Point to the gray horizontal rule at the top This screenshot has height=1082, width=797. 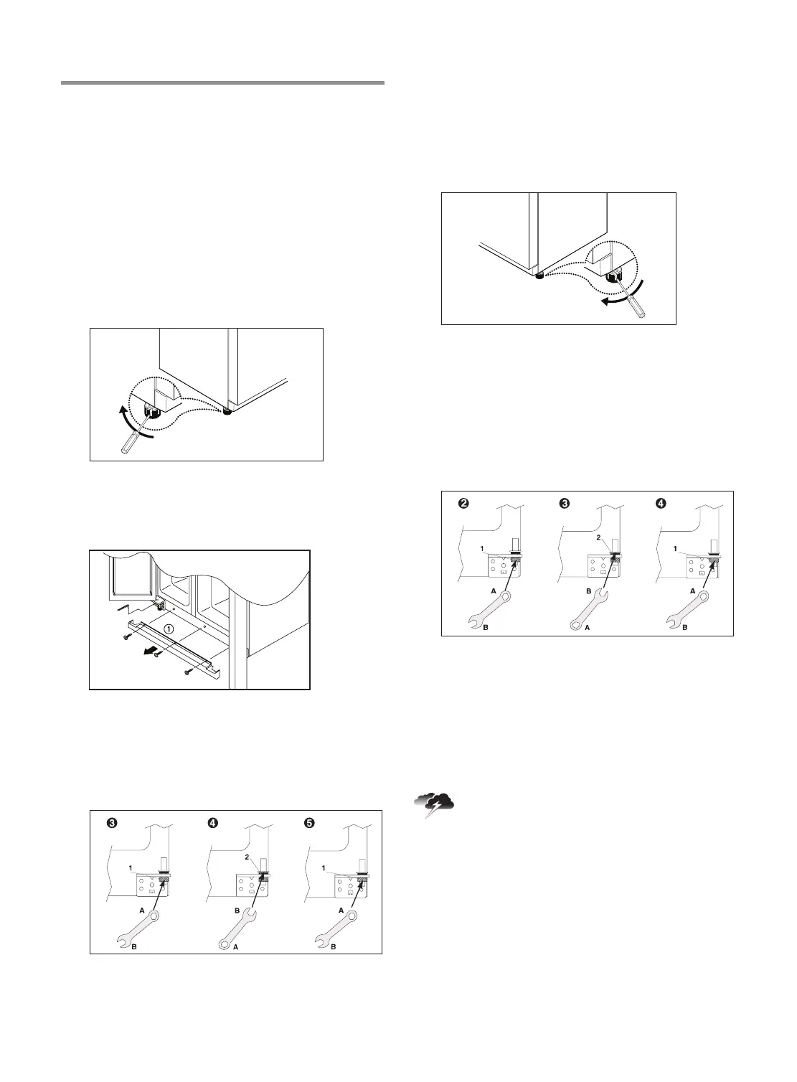point(222,83)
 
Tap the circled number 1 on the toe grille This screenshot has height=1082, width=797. point(169,627)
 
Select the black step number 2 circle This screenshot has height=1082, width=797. point(464,504)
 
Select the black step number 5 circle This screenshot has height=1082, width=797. point(309,823)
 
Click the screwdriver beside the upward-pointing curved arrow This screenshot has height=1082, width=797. point(135,436)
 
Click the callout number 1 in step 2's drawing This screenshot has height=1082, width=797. point(483,548)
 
